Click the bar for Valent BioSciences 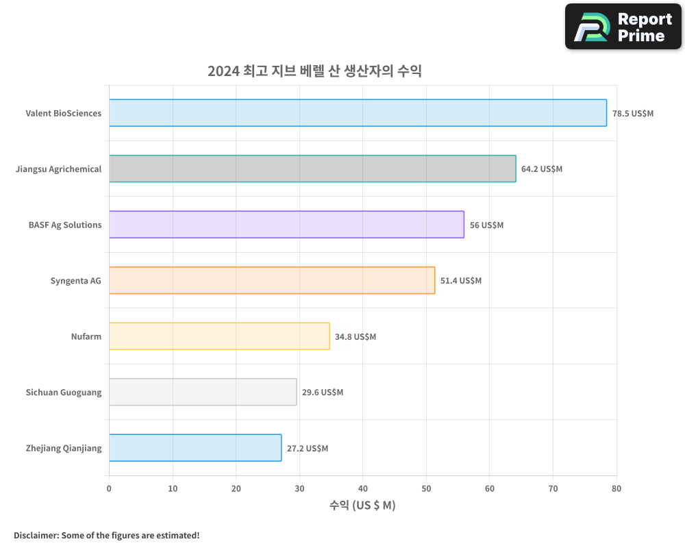358,113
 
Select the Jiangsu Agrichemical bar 312,169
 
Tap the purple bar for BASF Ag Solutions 286,225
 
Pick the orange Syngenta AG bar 272,280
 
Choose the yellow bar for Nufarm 219,336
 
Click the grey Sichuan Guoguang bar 203,392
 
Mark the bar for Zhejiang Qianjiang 195,448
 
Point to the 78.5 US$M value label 633,113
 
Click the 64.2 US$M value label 542,169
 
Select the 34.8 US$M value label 356,336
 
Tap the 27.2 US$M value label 308,448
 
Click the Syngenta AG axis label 75,280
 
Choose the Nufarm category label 86,336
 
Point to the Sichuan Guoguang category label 64,393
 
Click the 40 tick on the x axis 363,488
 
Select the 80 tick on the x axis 616,488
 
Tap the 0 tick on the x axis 109,488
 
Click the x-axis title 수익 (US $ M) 362,506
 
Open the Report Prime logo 623,27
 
